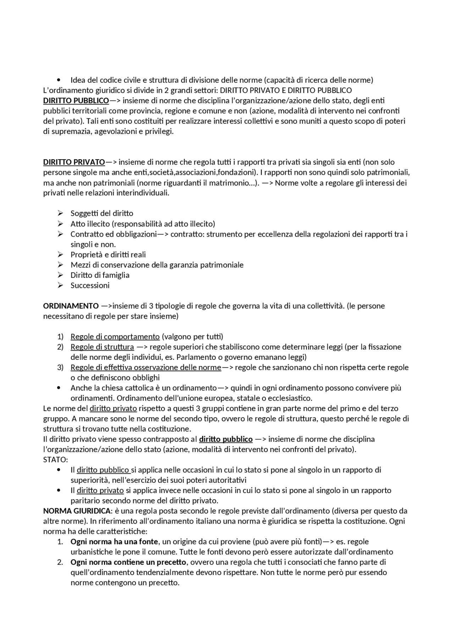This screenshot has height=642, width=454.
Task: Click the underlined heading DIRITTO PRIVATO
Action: click(x=74, y=162)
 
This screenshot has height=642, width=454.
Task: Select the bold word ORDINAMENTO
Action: click(x=71, y=306)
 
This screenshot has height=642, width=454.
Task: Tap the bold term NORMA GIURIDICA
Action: click(x=77, y=511)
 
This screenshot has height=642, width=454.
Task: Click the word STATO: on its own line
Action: click(x=55, y=460)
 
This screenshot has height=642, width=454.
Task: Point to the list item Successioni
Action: click(x=90, y=286)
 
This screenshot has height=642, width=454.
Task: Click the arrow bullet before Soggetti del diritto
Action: click(x=60, y=213)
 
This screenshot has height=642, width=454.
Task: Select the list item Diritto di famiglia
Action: click(x=100, y=275)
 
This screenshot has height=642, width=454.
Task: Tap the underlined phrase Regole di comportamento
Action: click(x=115, y=337)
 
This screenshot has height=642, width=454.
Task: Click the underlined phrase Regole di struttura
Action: click(x=102, y=347)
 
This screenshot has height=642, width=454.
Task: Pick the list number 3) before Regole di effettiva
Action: click(x=60, y=368)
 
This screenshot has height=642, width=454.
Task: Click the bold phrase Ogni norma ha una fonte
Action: click(x=114, y=542)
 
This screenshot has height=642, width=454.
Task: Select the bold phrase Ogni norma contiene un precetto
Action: click(x=128, y=563)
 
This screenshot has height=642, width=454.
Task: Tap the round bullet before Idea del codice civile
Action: click(x=59, y=80)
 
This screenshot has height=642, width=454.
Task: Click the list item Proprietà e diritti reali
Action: click(x=108, y=255)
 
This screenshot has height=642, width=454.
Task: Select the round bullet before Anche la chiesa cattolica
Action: click(x=59, y=388)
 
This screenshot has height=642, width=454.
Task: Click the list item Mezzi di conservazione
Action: click(x=157, y=265)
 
